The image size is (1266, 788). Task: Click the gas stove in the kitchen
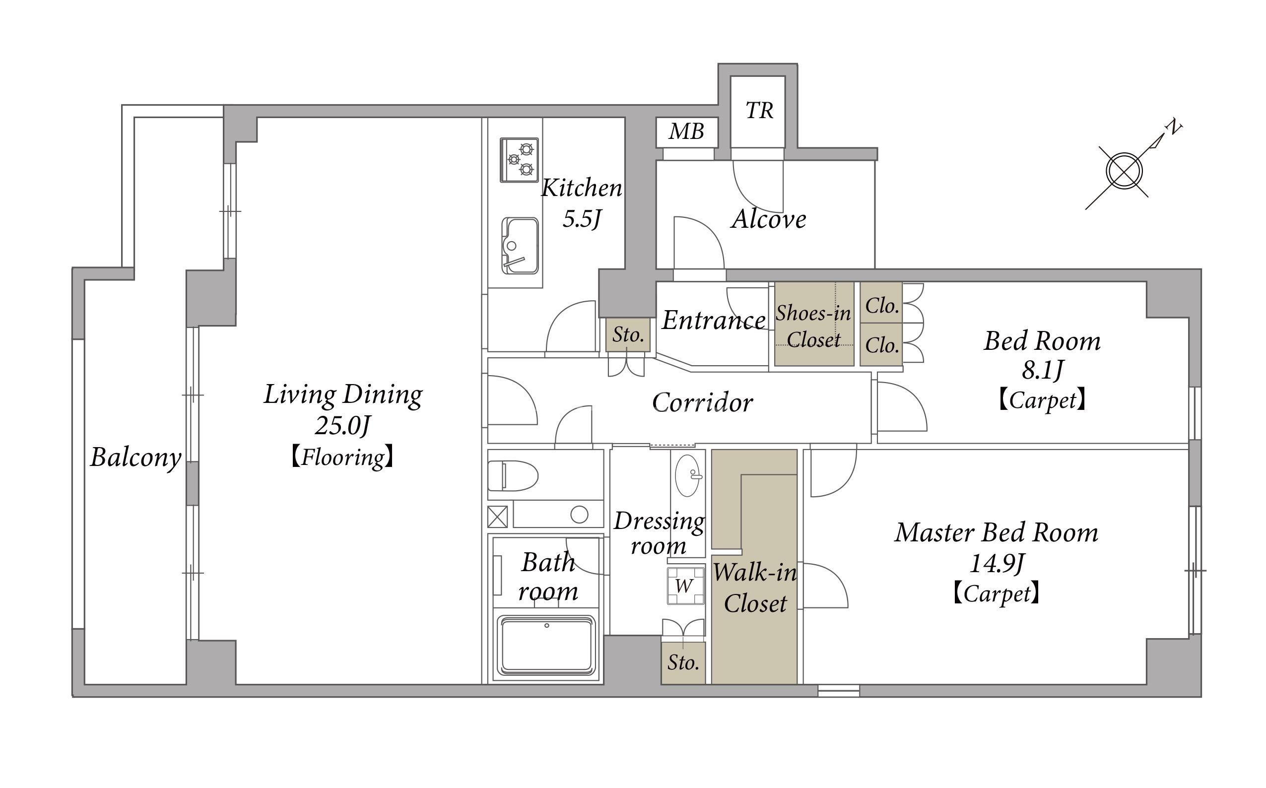click(519, 160)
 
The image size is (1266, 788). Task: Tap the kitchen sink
click(520, 246)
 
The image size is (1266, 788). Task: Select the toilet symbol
click(513, 475)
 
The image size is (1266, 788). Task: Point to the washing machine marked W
click(685, 585)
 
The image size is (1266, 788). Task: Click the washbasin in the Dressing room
click(688, 475)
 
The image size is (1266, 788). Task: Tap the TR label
click(759, 111)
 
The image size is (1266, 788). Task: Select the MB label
click(686, 131)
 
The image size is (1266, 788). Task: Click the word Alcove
click(769, 219)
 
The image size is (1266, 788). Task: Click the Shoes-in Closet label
click(813, 326)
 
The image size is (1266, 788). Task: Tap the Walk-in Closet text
click(755, 588)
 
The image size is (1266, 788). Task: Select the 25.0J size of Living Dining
click(342, 426)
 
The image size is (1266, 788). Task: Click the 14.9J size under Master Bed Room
click(997, 563)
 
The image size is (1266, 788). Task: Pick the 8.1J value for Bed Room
click(1042, 370)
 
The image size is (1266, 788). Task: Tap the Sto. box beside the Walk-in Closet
click(683, 662)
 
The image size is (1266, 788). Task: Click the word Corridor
click(702, 402)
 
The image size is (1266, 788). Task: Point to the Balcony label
click(135, 458)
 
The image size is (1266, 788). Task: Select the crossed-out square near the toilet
click(497, 517)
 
